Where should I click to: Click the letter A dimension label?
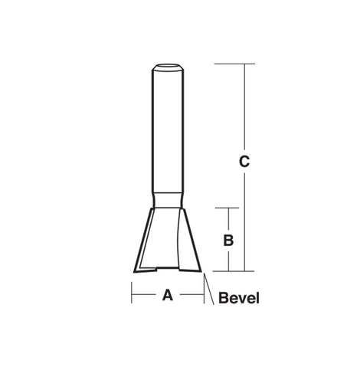[x=168, y=295]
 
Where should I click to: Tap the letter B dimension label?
[x=228, y=241]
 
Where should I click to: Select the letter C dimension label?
[x=244, y=161]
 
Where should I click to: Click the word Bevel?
[x=239, y=298]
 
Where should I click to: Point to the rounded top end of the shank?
[x=168, y=67]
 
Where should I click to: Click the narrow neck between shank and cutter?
[x=168, y=201]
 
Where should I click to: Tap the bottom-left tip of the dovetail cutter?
[x=134, y=272]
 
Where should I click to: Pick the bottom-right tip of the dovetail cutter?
[x=201, y=271]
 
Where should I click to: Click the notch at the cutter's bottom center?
[x=167, y=268]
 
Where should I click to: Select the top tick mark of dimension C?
[x=234, y=64]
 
